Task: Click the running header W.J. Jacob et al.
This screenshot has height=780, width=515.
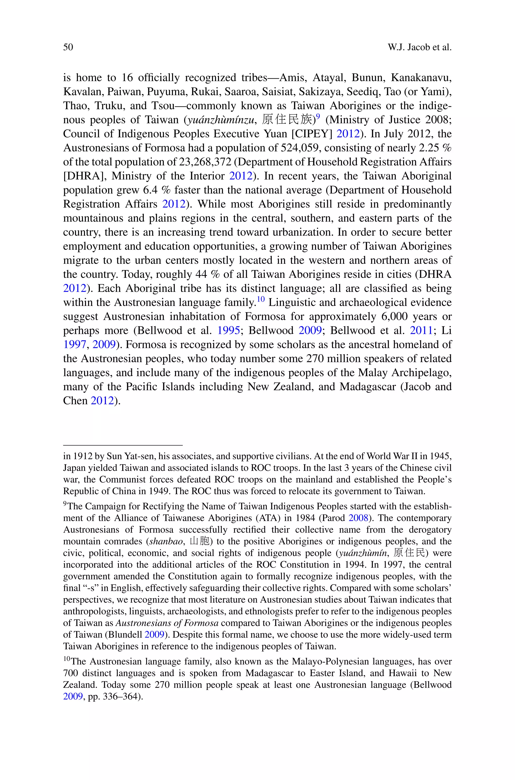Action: click(x=419, y=47)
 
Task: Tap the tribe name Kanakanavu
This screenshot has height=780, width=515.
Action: click(x=421, y=78)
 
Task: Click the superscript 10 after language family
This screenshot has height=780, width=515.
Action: click(x=261, y=299)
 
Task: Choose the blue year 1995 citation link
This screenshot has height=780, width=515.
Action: click(x=229, y=331)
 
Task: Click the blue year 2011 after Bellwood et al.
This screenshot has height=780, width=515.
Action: click(x=421, y=331)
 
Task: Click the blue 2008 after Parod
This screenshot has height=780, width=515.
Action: click(x=358, y=518)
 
